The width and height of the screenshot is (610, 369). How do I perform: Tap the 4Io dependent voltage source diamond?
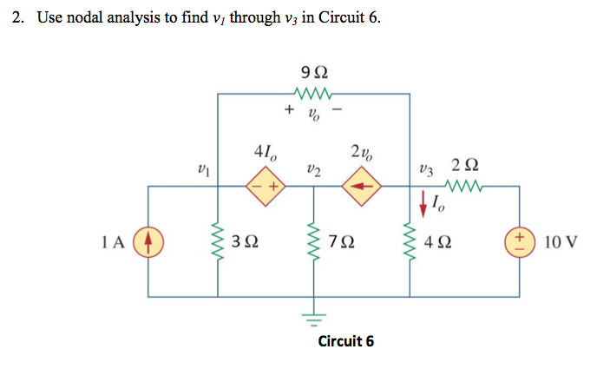point(266,186)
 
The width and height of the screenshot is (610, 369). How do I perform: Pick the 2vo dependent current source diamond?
point(360,186)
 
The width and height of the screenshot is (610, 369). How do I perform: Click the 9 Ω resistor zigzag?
point(313,93)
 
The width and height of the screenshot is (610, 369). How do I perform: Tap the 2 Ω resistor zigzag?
point(462,185)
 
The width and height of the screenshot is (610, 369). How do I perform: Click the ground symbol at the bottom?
point(313,313)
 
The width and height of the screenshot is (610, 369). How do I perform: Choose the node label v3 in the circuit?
point(424,168)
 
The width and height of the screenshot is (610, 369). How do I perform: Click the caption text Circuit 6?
point(346,340)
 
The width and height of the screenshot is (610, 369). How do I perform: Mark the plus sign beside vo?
point(288,110)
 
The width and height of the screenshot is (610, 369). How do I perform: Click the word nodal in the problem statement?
point(84,18)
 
